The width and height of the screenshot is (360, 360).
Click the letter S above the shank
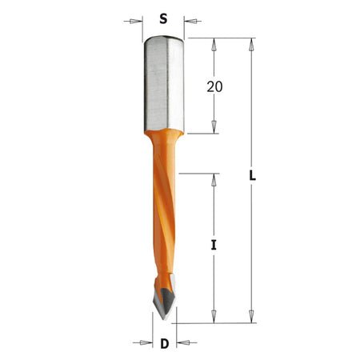click(163, 19)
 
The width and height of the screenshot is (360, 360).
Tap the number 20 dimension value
click(214, 87)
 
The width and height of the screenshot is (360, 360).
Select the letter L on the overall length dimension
click(252, 176)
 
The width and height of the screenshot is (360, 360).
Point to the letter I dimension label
click(214, 245)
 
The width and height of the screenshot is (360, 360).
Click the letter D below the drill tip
click(165, 343)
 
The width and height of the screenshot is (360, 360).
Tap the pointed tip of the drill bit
click(164, 319)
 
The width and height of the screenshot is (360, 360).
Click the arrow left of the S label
click(133, 21)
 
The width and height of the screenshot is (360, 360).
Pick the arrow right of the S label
click(193, 21)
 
